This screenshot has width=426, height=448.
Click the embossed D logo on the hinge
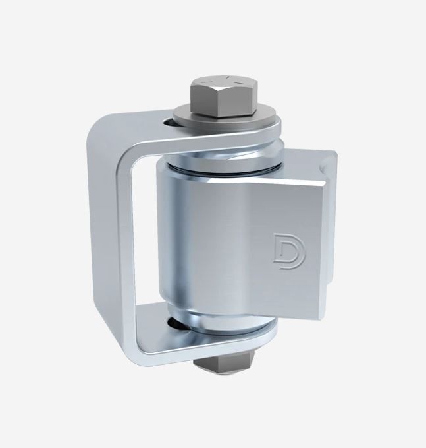coord(284,249)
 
